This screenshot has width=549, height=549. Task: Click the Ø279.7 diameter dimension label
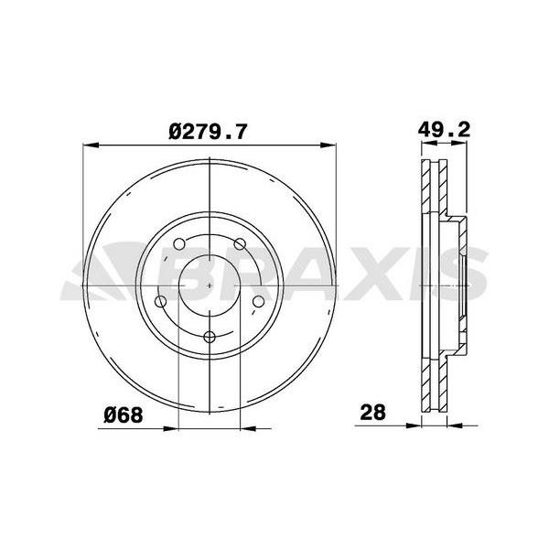click(208, 132)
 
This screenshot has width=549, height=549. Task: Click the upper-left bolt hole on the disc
click(179, 244)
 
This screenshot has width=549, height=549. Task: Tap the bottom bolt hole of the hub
click(210, 337)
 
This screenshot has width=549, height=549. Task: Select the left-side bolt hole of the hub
click(161, 302)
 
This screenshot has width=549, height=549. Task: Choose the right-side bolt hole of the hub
click(258, 302)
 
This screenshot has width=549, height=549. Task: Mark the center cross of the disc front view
click(210, 286)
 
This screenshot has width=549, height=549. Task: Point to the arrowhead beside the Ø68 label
click(168, 426)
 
